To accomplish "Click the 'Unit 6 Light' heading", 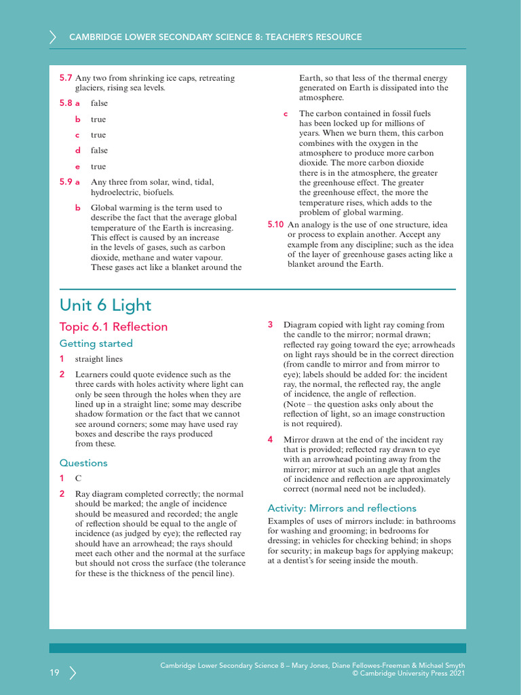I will pyautogui.click(x=105, y=305).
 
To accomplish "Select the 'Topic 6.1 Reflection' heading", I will pyautogui.click(x=113, y=326).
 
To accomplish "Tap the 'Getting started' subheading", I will pyautogui.click(x=96, y=343).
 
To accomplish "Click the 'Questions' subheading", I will pyautogui.click(x=83, y=463).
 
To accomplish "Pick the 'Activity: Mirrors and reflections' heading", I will pyautogui.click(x=342, y=508).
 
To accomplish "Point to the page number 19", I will pyautogui.click(x=54, y=673).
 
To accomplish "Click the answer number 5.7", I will pyautogui.click(x=66, y=78).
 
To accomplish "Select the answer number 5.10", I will pyautogui.click(x=275, y=224).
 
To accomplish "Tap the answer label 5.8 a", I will pyautogui.click(x=69, y=103).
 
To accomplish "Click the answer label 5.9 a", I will pyautogui.click(x=69, y=182).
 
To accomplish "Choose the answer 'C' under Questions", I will pyautogui.click(x=78, y=478).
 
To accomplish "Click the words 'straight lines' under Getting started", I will pyautogui.click(x=98, y=359).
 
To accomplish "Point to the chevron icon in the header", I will pyautogui.click(x=53, y=37).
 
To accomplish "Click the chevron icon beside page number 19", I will pyautogui.click(x=73, y=673).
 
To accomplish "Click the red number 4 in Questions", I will pyautogui.click(x=270, y=439).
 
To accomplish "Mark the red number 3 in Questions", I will pyautogui.click(x=270, y=324).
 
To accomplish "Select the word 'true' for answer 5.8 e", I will pyautogui.click(x=98, y=166).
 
